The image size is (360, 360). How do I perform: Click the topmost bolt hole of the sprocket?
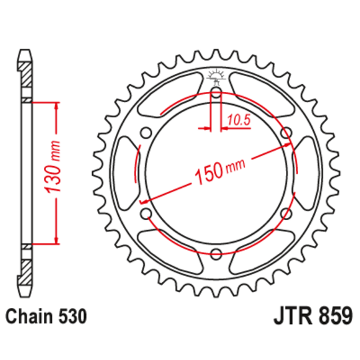(216, 91)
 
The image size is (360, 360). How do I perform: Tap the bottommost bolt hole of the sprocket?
(216, 253)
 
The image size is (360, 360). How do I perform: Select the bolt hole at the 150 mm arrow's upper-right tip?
(287, 132)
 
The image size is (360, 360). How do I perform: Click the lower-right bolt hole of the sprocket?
(287, 213)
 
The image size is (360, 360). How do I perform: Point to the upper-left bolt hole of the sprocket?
(146, 132)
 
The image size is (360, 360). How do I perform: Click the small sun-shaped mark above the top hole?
(216, 74)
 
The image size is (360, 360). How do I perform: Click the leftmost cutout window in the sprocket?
(125, 172)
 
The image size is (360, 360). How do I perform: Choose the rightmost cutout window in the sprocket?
(307, 172)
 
